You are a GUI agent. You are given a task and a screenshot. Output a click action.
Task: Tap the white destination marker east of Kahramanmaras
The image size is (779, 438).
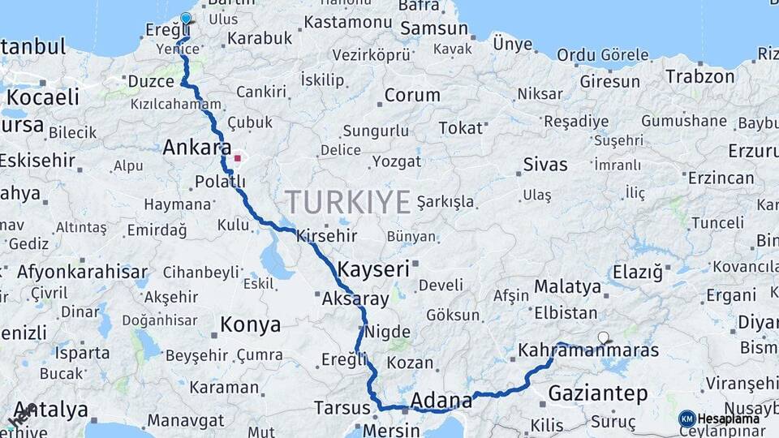(603, 337)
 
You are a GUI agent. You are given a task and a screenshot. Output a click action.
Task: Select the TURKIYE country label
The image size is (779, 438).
(347, 202)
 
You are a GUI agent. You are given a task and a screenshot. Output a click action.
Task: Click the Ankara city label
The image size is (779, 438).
(197, 148)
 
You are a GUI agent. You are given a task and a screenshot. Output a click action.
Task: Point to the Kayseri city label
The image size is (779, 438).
(373, 269)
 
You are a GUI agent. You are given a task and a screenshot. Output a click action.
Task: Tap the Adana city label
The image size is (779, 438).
(441, 400)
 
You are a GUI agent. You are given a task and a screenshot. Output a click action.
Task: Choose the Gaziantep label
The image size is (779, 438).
(598, 394)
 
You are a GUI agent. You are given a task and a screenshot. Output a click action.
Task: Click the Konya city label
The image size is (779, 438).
(251, 325)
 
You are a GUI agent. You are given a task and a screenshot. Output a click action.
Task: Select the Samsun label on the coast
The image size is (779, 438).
(434, 28)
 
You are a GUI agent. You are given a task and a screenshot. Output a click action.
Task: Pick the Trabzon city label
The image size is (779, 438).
(700, 77)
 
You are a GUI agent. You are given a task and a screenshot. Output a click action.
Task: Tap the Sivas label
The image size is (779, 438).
(545, 165)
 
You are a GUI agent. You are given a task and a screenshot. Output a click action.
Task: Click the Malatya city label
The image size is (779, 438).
(568, 286)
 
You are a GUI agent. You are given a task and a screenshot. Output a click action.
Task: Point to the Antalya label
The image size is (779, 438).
(50, 410)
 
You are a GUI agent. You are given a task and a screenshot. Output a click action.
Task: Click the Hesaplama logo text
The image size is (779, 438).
(729, 419)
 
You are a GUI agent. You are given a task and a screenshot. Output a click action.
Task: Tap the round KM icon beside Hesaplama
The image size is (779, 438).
(686, 419)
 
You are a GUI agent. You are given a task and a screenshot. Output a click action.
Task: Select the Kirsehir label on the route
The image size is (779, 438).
(327, 236)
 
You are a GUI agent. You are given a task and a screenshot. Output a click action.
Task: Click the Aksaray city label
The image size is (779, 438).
(355, 298)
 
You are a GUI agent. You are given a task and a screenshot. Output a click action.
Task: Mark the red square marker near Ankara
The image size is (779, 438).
(237, 157)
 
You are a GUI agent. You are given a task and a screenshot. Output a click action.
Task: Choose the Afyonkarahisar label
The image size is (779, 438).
(82, 272)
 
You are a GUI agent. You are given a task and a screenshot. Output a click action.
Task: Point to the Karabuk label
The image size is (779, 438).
(260, 38)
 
